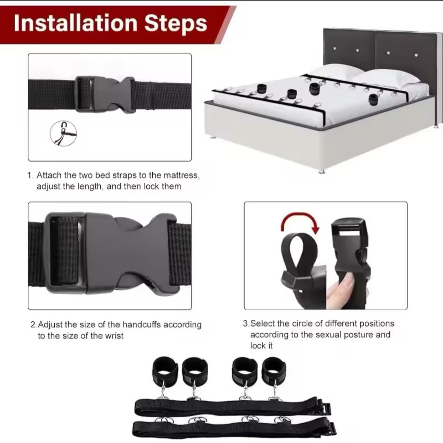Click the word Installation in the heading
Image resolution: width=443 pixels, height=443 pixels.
pos(75,23)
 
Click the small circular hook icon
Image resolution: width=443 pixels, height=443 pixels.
pos(63,133)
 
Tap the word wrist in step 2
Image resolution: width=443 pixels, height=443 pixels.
pos(114,336)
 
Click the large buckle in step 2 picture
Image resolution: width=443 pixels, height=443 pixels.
pos(110,254)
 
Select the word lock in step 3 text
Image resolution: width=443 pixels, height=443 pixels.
pos(261,345)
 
